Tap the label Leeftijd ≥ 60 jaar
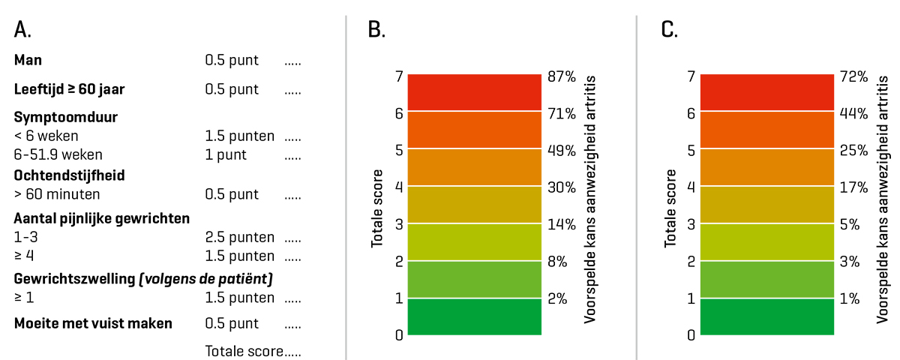click(x=69, y=89)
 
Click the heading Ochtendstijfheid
click(x=69, y=175)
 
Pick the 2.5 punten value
click(x=239, y=237)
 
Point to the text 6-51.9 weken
click(x=58, y=155)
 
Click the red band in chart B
click(x=474, y=93)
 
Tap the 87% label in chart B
click(x=562, y=76)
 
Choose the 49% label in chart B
click(x=562, y=150)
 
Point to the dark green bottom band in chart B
click(x=474, y=316)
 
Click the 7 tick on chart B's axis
click(x=399, y=76)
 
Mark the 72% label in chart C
click(x=853, y=76)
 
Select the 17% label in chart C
click(x=853, y=187)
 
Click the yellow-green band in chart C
click(x=766, y=241)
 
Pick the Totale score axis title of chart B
click(x=376, y=209)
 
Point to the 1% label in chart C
click(x=850, y=298)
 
